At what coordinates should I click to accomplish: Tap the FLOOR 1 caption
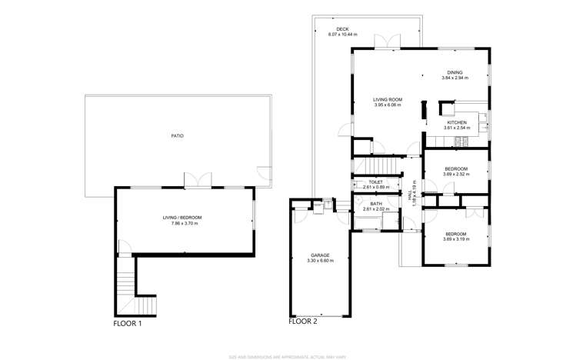(128, 324)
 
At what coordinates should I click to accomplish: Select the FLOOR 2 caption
(302, 322)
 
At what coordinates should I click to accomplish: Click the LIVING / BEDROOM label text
(181, 218)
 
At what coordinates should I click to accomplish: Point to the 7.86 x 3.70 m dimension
(181, 223)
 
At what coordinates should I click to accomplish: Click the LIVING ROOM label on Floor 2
(388, 99)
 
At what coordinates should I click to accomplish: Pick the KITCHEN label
(458, 122)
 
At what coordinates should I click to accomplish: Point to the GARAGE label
(320, 255)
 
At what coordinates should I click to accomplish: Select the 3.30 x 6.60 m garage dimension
(320, 261)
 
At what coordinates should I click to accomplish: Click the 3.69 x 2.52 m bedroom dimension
(455, 174)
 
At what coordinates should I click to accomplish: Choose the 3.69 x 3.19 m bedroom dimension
(455, 239)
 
